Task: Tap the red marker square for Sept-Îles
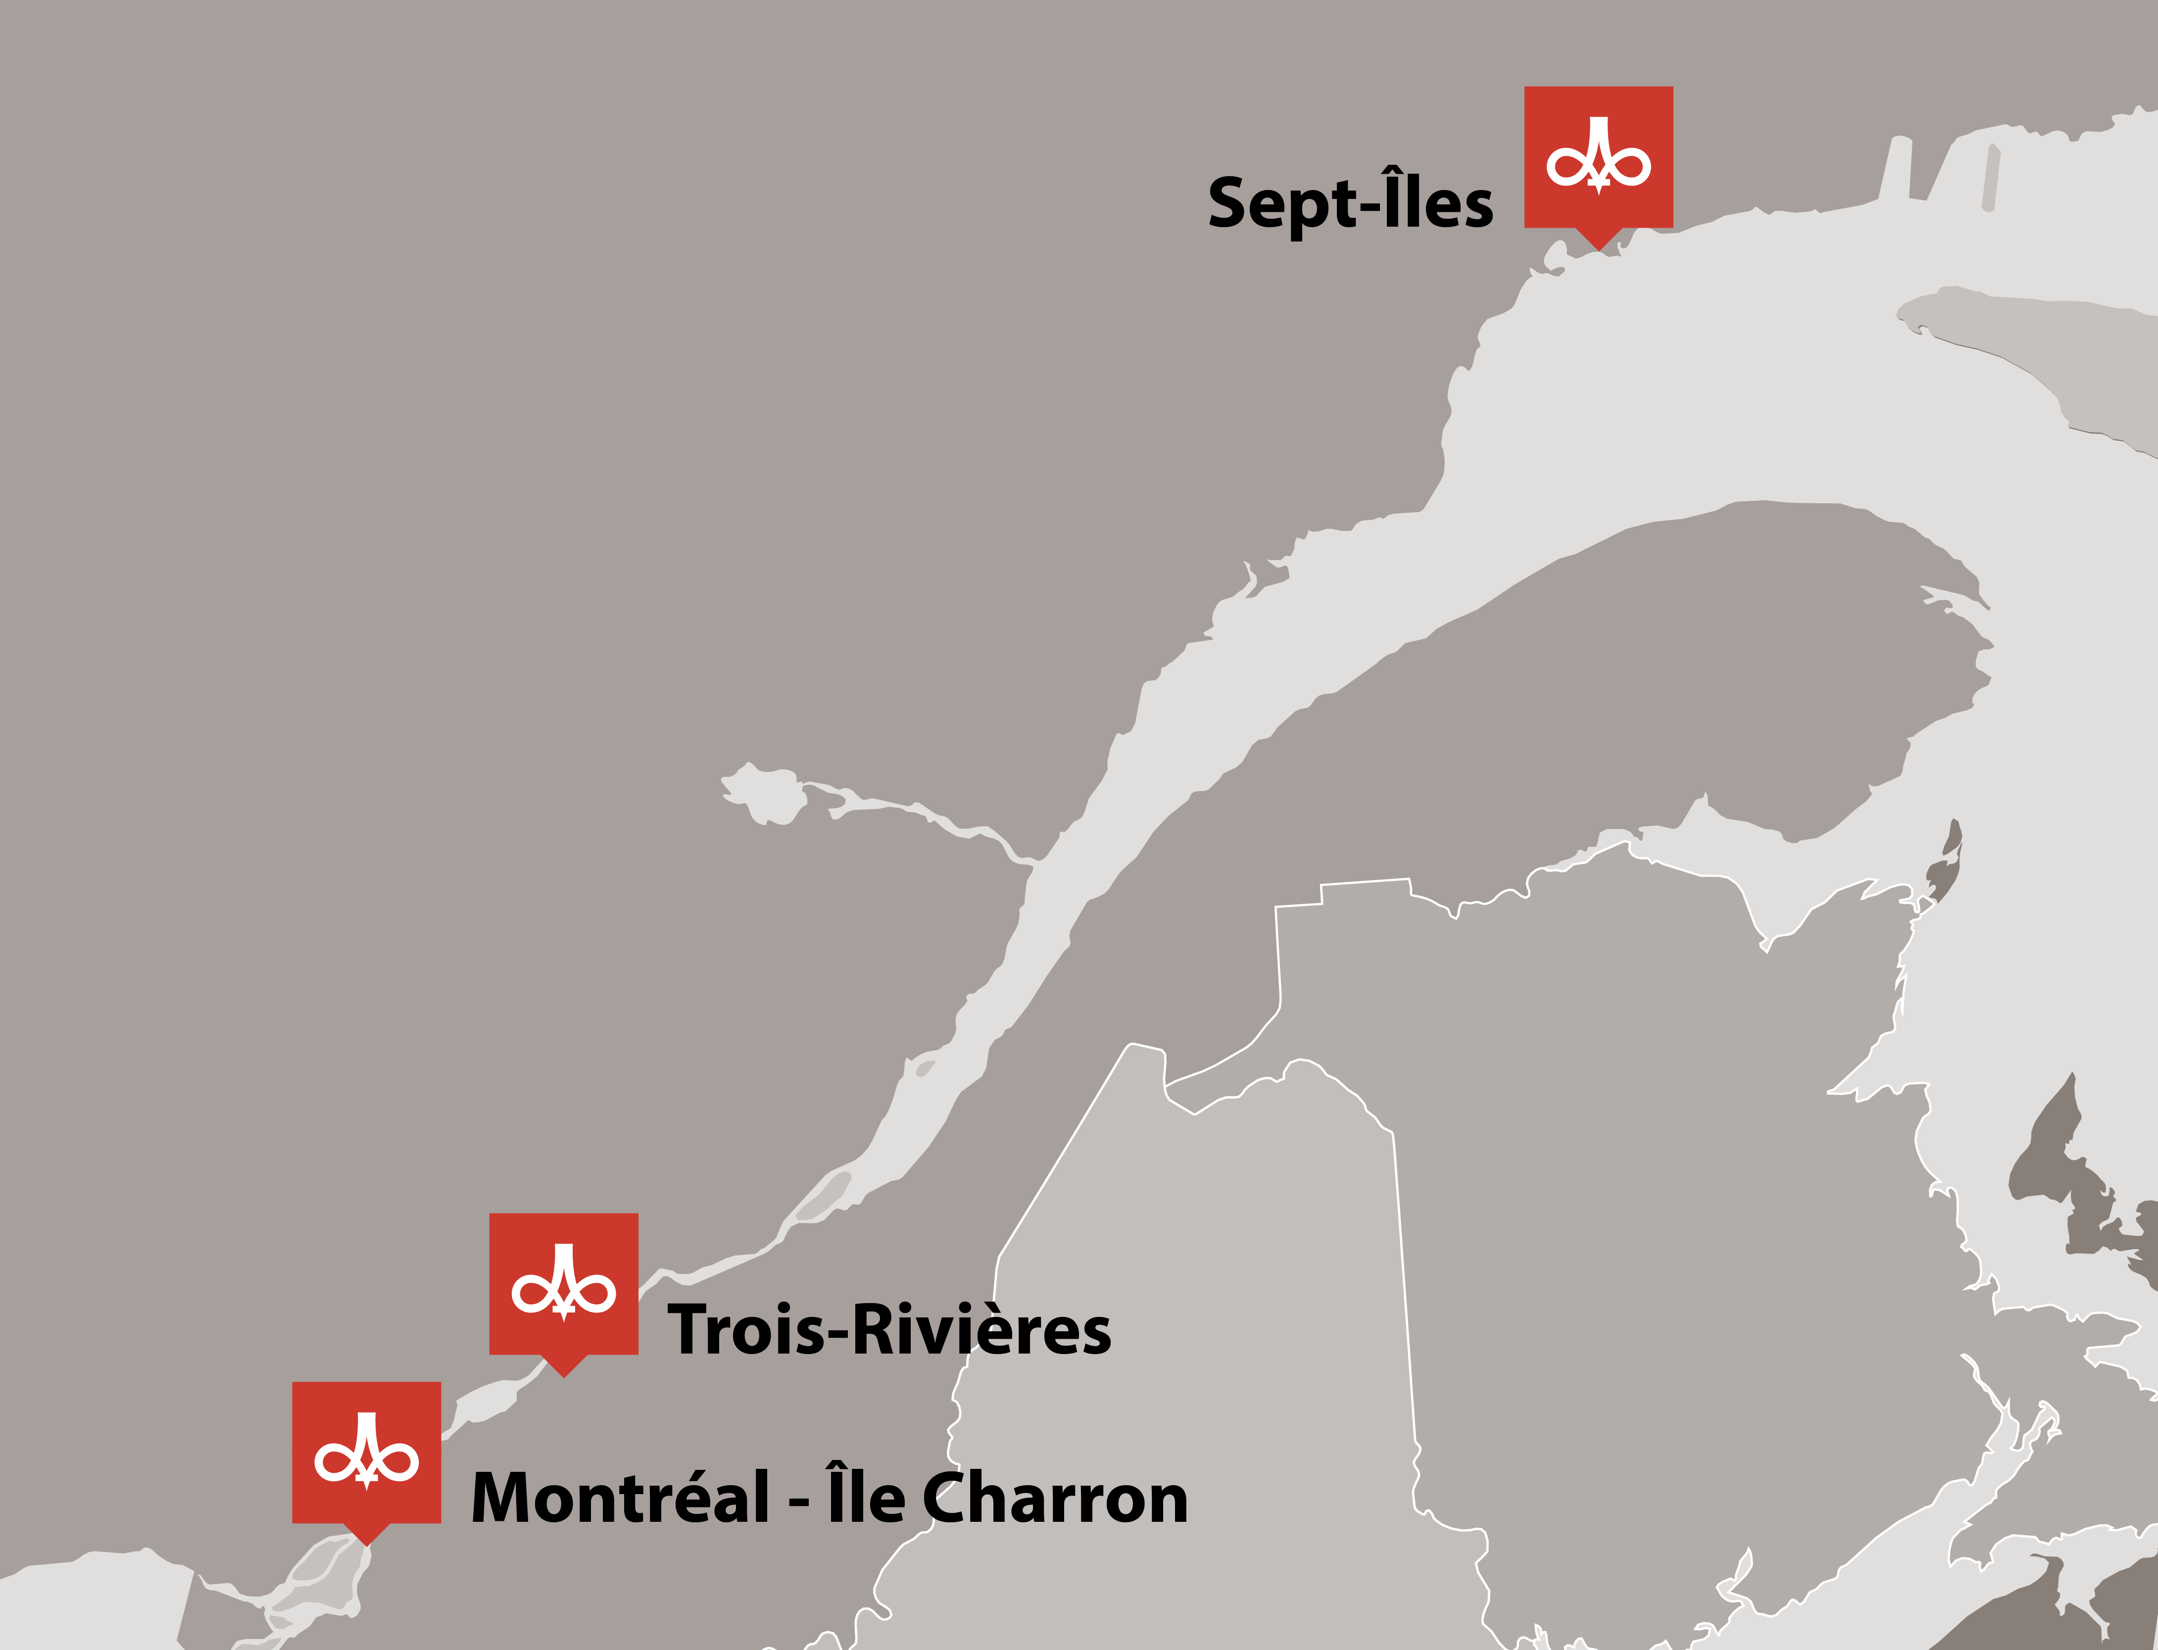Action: click(x=1598, y=157)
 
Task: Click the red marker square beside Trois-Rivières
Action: click(x=564, y=1284)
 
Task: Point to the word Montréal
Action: click(x=621, y=1498)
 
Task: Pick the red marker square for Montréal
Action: click(x=366, y=1453)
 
